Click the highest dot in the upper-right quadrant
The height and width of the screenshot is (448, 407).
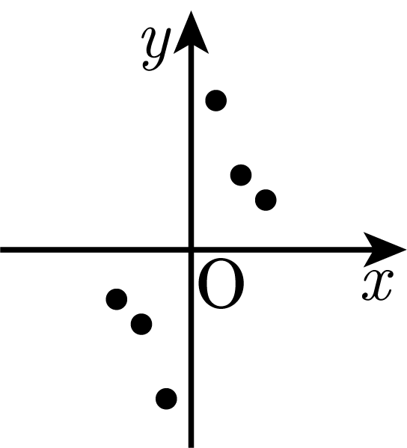(x=216, y=100)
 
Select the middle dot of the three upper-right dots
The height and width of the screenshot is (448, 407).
(x=241, y=175)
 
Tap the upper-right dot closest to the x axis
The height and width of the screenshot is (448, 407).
(x=266, y=200)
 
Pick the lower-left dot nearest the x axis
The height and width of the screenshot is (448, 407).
(x=117, y=299)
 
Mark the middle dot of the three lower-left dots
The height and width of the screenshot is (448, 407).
(x=141, y=325)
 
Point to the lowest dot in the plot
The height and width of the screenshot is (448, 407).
(x=166, y=399)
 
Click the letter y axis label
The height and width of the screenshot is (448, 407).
(x=156, y=49)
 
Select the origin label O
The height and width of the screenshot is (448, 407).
(x=221, y=283)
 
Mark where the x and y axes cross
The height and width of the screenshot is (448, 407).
(x=192, y=250)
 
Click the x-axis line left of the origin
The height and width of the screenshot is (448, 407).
(x=94, y=250)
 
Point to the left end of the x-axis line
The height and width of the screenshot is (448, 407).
(x=1, y=250)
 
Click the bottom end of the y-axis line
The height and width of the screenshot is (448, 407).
(x=192, y=447)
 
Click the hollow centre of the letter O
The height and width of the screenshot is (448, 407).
(x=221, y=283)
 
